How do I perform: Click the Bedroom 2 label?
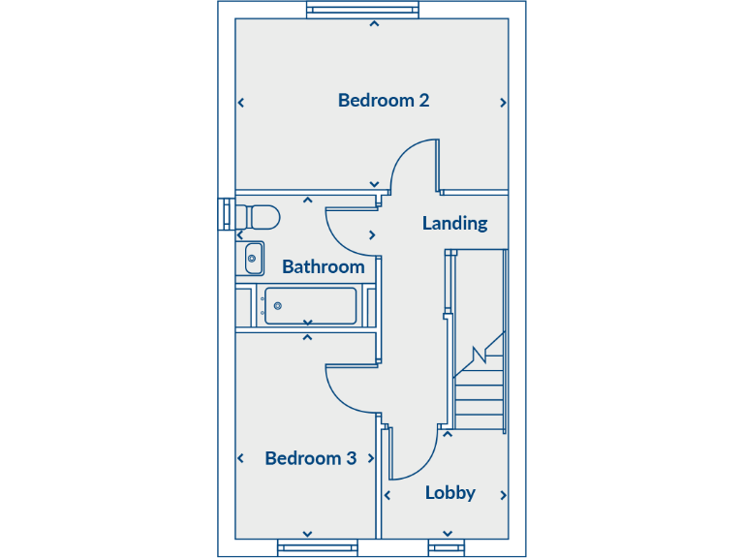(x=384, y=100)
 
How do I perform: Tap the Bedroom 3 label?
(x=310, y=458)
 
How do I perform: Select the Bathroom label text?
(x=323, y=266)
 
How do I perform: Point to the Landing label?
(x=454, y=223)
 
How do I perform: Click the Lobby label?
(x=450, y=492)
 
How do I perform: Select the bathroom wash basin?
(x=253, y=259)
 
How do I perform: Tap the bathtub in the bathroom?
(x=310, y=306)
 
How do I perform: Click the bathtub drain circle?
(x=278, y=306)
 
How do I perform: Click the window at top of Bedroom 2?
(x=364, y=11)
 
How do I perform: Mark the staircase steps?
(x=480, y=387)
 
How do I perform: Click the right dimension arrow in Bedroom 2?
(x=503, y=103)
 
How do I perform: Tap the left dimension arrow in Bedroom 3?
(x=240, y=458)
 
